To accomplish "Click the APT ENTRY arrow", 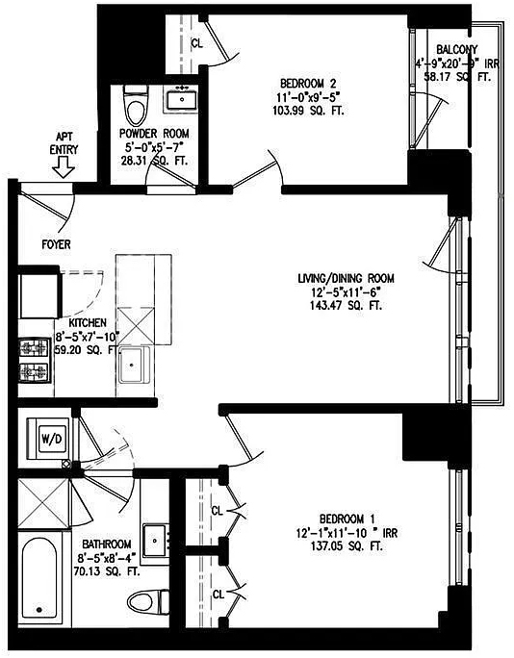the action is click(x=64, y=168).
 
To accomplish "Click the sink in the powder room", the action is click(x=182, y=99).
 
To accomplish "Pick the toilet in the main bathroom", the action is click(x=148, y=601).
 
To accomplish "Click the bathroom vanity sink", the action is click(x=155, y=540).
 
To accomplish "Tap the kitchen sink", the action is click(x=134, y=365).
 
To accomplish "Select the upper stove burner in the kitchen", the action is click(x=34, y=348).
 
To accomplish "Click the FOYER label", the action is click(x=56, y=244).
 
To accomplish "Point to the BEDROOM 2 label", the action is click(x=309, y=83).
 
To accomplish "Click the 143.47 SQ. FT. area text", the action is click(x=346, y=306).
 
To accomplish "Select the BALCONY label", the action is click(x=456, y=49).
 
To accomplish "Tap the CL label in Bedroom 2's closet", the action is click(x=197, y=43).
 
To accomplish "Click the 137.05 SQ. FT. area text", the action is click(x=347, y=546).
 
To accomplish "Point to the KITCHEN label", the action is click(x=88, y=322).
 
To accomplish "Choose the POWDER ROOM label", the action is click(x=154, y=134).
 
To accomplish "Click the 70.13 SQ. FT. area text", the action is click(x=107, y=571).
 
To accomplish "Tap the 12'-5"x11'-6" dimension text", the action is click(x=346, y=292).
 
